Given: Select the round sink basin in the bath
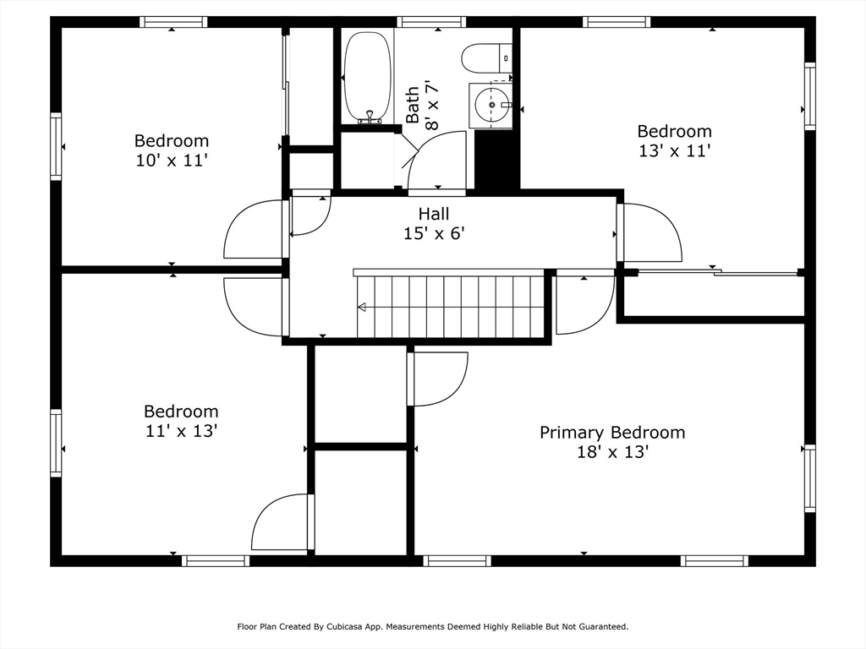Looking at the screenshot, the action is click(491, 105).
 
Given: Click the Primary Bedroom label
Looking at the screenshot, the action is click(612, 432).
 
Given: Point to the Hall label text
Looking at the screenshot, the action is click(434, 214).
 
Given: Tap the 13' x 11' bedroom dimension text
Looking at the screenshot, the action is click(674, 150).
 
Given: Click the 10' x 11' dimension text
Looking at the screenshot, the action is click(172, 161).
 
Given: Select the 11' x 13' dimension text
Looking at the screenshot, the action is click(181, 430).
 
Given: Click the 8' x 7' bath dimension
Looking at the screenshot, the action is click(431, 105).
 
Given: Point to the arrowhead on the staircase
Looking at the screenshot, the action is click(362, 307).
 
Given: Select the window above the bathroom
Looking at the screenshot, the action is click(432, 22).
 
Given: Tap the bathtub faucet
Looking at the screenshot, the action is click(369, 117).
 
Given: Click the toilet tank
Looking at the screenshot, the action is click(506, 58).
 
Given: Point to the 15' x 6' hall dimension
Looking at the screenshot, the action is click(434, 234).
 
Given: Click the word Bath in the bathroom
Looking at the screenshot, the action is click(413, 105).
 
